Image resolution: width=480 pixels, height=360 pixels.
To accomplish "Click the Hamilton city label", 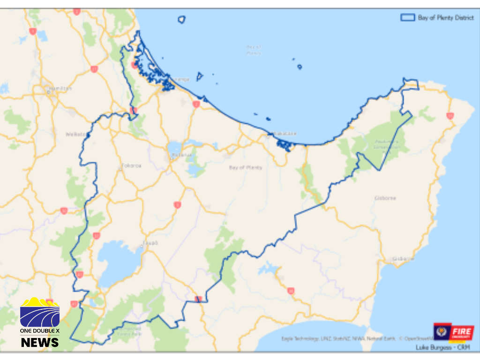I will coord(60,88).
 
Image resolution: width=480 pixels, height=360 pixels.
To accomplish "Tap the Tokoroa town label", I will coord(131,165).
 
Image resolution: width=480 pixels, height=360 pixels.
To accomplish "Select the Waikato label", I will coord(75,134).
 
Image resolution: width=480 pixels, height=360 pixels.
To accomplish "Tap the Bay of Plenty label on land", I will coord(246,167).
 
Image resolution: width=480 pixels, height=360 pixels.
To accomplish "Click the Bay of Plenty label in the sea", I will coord(254,49).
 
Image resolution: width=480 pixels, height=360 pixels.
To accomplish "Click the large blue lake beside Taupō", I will coord(119,262).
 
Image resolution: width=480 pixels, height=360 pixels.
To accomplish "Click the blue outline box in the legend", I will coord(407,17).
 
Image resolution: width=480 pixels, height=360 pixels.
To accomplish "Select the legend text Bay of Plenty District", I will coord(446,18).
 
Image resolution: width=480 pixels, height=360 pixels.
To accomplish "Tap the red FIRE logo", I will coord(461,332).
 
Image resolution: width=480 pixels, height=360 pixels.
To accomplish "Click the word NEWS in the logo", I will coord(40,342).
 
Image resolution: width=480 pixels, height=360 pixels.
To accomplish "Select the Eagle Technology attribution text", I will coord(300,338).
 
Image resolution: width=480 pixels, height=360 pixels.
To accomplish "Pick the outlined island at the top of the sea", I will coord(181,19).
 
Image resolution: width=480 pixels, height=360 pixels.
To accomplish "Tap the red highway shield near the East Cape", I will coord(450,115).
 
